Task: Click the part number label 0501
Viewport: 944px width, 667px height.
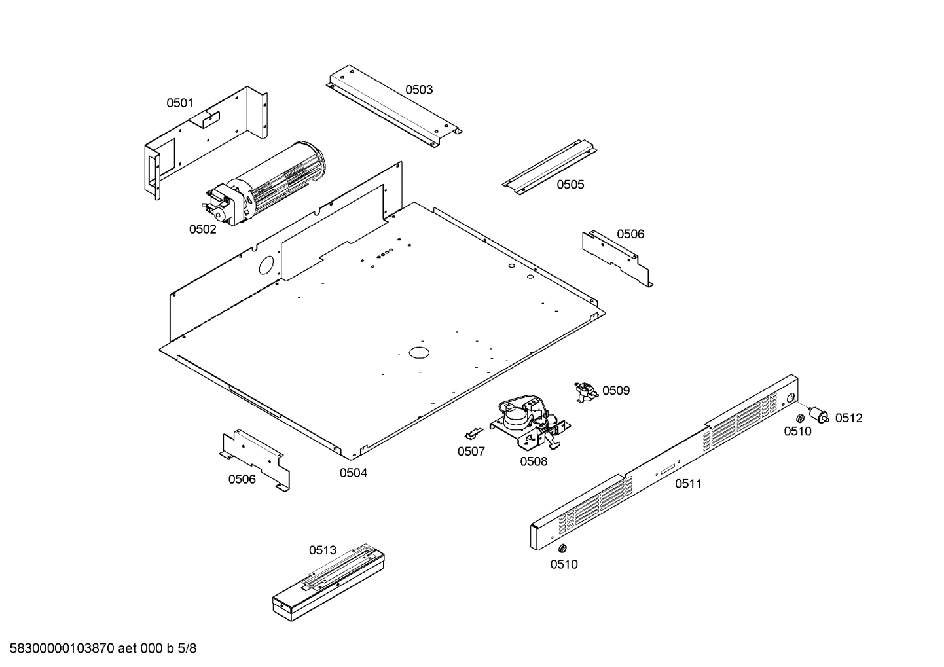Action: pos(179,103)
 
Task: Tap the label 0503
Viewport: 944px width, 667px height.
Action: pos(418,90)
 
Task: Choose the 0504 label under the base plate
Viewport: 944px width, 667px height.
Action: pos(353,473)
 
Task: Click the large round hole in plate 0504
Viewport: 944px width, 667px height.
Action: pos(418,352)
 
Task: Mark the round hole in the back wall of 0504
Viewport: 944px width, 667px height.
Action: pos(266,265)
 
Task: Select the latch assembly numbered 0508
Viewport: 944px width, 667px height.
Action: pos(530,424)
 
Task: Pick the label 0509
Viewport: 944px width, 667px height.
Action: pos(616,391)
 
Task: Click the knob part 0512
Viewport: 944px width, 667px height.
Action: pos(818,414)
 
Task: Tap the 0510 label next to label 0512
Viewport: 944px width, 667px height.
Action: pos(797,431)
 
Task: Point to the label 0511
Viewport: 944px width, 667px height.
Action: pos(688,484)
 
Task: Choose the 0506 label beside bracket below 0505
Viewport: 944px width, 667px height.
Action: pos(630,234)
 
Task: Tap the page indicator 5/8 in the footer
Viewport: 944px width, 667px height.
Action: pos(187,649)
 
